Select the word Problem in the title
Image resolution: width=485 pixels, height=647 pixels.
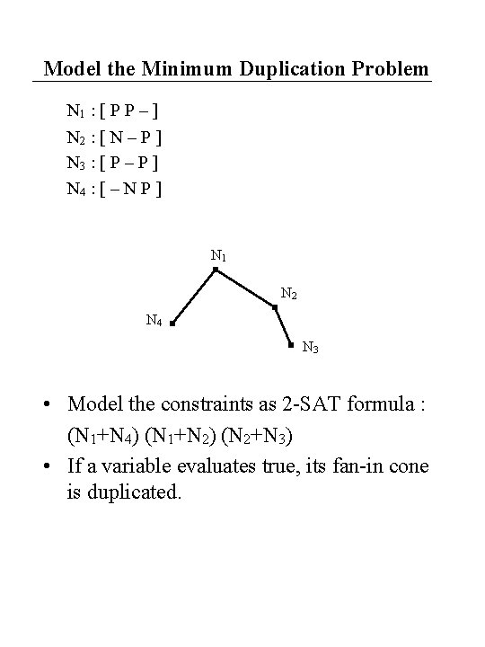pyautogui.click(x=392, y=68)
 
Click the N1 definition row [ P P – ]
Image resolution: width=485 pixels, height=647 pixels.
pyautogui.click(x=115, y=112)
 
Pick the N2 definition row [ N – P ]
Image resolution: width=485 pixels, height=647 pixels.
pyautogui.click(x=115, y=137)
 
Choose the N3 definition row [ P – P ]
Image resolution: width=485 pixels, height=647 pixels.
pyautogui.click(x=115, y=163)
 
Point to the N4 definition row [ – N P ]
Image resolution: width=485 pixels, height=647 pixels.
pyautogui.click(x=115, y=189)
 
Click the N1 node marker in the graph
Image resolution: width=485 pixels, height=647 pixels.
pyautogui.click(x=215, y=269)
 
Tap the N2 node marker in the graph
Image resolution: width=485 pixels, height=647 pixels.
pyautogui.click(x=275, y=307)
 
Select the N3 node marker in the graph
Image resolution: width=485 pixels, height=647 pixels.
pyautogui.click(x=291, y=344)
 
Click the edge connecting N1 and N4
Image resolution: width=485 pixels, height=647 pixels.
pyautogui.click(x=193, y=296)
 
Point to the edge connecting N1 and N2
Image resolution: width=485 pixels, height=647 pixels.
pyautogui.click(x=245, y=288)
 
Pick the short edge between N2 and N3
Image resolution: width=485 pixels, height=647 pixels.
pyautogui.click(x=283, y=326)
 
